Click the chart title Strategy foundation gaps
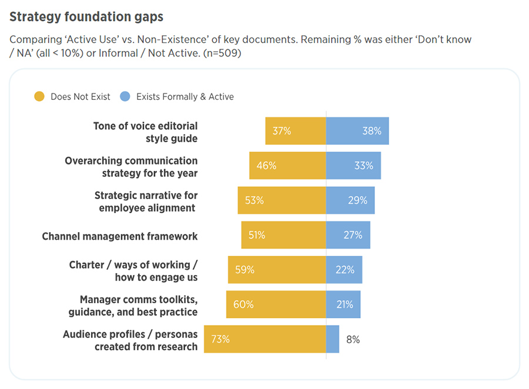click(86, 16)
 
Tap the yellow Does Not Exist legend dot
click(39, 96)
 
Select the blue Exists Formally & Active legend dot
click(125, 96)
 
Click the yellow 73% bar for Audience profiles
click(264, 339)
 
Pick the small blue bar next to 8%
click(333, 339)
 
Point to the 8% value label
click(353, 339)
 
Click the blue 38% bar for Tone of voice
click(357, 131)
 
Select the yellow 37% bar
click(296, 131)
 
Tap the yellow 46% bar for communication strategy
click(287, 166)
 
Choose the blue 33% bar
click(353, 166)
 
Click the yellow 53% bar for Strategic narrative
click(282, 200)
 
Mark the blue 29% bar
click(350, 200)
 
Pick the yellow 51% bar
click(283, 235)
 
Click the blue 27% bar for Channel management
click(348, 235)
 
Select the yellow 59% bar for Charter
click(277, 270)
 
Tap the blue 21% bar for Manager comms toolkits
click(343, 304)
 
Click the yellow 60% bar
click(276, 304)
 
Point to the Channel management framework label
click(120, 236)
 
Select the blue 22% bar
click(344, 270)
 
